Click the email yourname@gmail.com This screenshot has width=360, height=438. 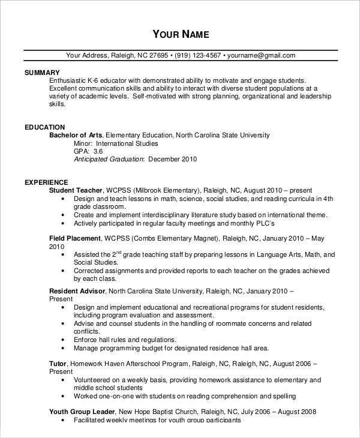261,56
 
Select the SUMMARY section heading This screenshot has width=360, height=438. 42,72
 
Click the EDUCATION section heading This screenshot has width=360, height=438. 45,127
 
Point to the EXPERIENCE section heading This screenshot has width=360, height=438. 46,182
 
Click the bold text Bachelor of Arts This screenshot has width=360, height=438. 76,136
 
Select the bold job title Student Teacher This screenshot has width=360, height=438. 76,190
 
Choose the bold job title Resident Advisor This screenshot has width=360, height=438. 77,291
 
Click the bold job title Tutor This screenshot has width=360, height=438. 58,364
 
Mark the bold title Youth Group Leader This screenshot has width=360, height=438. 81,412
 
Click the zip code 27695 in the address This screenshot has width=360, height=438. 158,56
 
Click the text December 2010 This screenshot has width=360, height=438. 172,160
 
